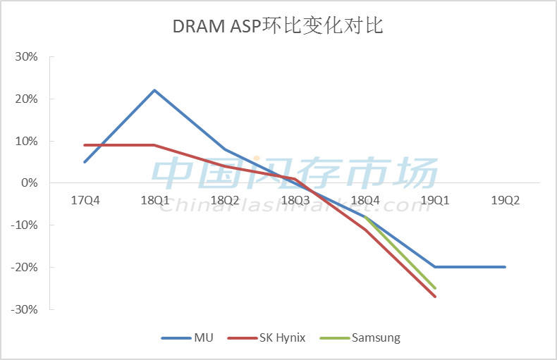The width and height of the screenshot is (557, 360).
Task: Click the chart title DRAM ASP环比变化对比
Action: click(278, 26)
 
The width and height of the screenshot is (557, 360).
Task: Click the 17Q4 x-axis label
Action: click(85, 201)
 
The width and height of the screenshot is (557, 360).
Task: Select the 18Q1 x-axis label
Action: click(154, 201)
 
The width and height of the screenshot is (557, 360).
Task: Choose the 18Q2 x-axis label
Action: click(225, 201)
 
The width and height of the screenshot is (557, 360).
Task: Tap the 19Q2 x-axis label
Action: click(505, 201)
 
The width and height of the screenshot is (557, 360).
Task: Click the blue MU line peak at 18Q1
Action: click(154, 90)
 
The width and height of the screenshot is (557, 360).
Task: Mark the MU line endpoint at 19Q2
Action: click(505, 267)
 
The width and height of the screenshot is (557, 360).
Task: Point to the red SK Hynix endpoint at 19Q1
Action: click(435, 297)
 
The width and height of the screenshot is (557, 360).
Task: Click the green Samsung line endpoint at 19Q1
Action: click(435, 288)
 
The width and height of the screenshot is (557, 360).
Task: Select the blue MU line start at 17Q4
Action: click(85, 162)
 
